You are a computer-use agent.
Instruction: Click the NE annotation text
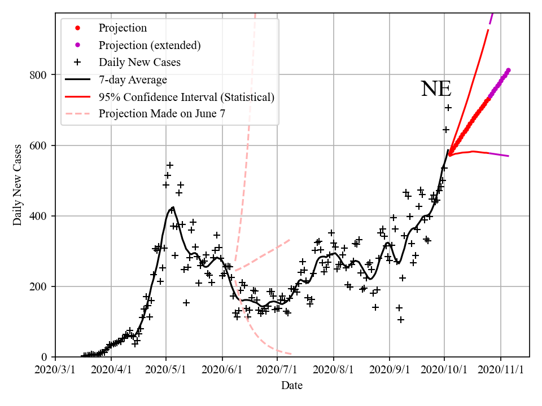pos(436,89)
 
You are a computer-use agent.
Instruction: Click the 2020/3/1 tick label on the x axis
pos(55,370)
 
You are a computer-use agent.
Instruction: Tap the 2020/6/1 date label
pos(222,370)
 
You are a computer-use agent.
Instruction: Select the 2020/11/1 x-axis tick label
pos(501,370)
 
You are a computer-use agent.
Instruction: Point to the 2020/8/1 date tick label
pos(334,370)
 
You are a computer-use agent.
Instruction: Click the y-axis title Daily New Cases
pos(18,184)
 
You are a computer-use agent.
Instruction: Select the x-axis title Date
pos(292,386)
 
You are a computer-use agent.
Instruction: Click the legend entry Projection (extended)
pos(150,45)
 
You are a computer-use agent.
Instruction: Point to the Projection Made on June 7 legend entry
pos(162,114)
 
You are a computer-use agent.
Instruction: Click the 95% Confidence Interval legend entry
pos(186,97)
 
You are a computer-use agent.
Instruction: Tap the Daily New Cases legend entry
pos(139,62)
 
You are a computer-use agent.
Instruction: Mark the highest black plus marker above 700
pos(448,108)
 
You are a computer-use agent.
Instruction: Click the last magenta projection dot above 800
pos(508,70)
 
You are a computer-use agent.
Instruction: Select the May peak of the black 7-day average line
pos(172,208)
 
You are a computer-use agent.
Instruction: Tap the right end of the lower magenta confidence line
pos(509,156)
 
